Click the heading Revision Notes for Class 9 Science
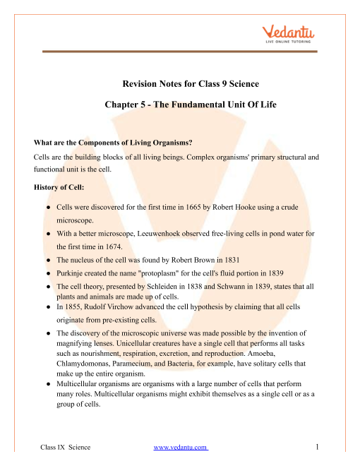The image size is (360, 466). tap(179, 81)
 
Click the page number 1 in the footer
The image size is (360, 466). tap(319, 447)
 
